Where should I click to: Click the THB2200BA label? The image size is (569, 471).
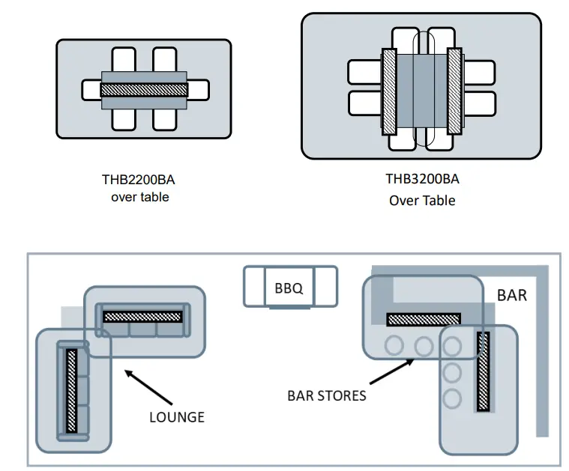(138, 180)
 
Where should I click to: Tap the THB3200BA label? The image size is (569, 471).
(422, 179)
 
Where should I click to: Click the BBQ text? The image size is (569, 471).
(289, 288)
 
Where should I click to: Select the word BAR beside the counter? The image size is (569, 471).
(512, 295)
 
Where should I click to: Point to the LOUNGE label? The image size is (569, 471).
(177, 417)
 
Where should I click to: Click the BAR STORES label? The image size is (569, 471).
(327, 395)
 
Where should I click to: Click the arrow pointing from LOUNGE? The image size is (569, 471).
(148, 387)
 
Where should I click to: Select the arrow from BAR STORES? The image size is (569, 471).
(392, 371)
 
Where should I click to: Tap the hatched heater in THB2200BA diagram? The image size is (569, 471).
(144, 90)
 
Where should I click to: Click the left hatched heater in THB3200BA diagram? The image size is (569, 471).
(389, 92)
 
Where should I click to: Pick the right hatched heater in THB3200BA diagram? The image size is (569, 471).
(454, 91)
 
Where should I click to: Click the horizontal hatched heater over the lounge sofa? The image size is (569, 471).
(142, 317)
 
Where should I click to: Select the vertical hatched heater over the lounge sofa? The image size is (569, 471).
(71, 391)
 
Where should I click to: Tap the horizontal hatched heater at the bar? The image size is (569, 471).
(424, 320)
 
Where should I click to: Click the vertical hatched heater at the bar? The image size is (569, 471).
(483, 371)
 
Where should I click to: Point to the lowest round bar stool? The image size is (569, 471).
(452, 399)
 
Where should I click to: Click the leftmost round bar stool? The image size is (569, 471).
(394, 345)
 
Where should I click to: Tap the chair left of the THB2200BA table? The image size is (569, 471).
(91, 90)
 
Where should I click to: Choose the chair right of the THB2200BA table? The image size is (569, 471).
(199, 90)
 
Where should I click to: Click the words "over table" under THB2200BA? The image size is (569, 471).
(140, 197)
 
